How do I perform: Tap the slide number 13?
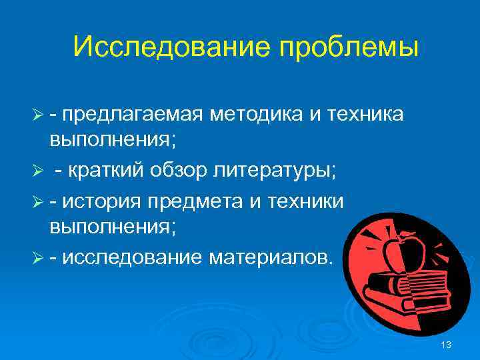[x=446, y=345]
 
